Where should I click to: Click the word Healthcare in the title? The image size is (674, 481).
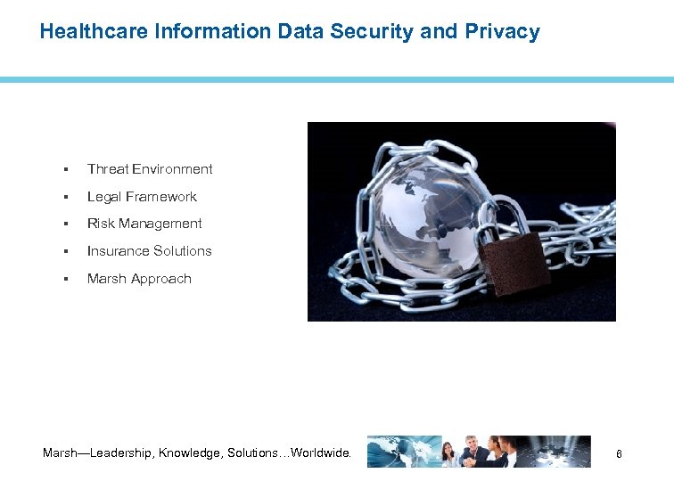tap(95, 32)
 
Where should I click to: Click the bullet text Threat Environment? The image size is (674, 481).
tap(150, 169)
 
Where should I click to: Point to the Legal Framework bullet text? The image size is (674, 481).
tap(142, 197)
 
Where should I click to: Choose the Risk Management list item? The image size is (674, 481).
tap(144, 224)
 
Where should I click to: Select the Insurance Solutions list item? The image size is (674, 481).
tap(150, 251)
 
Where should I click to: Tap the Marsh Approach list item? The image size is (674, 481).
tap(139, 279)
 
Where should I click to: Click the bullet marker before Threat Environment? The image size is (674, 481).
tap(66, 169)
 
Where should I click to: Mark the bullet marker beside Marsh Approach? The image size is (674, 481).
tap(66, 279)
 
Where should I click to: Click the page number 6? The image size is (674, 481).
tap(619, 455)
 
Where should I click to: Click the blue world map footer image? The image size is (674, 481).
tap(403, 452)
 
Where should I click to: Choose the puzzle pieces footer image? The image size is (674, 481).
tap(557, 452)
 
